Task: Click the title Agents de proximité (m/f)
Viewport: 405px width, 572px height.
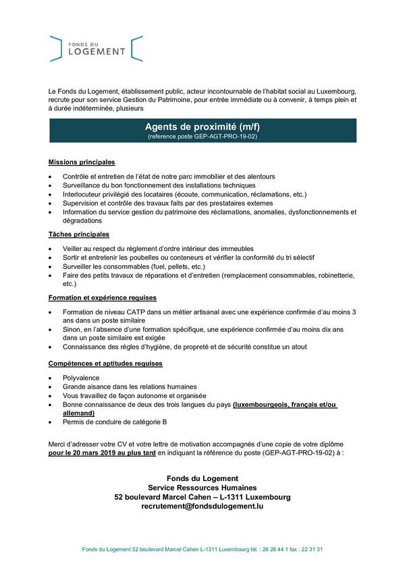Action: tap(202, 126)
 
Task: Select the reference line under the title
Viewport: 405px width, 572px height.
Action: tap(202, 136)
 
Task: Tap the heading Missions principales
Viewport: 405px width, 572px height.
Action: tap(82, 163)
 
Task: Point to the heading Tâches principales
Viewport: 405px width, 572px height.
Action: tap(78, 235)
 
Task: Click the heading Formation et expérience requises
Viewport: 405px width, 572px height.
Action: tap(102, 297)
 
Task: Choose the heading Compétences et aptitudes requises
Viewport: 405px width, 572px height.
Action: tap(105, 364)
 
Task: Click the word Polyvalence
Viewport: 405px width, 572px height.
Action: tap(81, 378)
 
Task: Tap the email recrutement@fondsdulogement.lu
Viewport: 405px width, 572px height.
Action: tap(202, 506)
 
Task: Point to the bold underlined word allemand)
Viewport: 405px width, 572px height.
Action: tap(78, 413)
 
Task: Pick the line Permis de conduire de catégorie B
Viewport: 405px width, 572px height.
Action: tap(115, 422)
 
